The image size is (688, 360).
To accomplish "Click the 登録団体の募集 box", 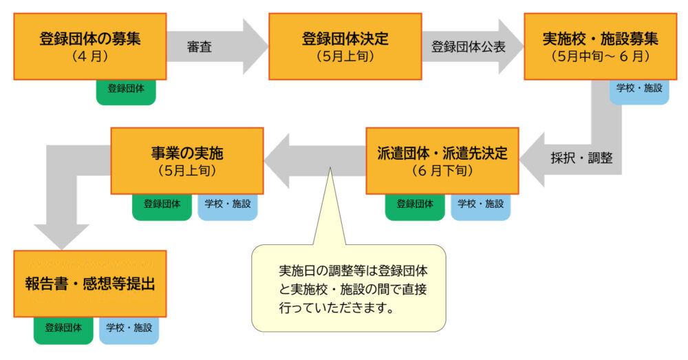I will (x=90, y=46).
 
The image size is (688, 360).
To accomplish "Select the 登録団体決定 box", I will (x=345, y=46).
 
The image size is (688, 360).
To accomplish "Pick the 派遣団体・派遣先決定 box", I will (x=442, y=160).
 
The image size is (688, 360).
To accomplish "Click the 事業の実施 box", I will (x=187, y=160).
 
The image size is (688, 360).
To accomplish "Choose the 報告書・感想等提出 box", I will (x=90, y=284).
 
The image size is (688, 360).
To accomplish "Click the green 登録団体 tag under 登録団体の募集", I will (x=126, y=90).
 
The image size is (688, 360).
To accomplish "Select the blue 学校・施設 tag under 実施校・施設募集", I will (x=639, y=89).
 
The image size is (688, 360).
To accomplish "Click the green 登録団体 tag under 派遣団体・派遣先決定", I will (x=414, y=204).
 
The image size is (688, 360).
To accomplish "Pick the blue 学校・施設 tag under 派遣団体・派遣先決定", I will (x=480, y=204).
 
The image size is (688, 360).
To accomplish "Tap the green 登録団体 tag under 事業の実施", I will (x=162, y=204).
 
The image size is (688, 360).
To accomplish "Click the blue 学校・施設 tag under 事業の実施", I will (x=227, y=204).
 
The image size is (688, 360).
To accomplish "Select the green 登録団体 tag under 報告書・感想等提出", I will (x=64, y=328).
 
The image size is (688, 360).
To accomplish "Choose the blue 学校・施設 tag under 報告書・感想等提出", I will (x=129, y=328).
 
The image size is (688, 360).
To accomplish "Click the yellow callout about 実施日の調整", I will (x=348, y=288).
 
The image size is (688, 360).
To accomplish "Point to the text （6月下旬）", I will (x=442, y=170).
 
